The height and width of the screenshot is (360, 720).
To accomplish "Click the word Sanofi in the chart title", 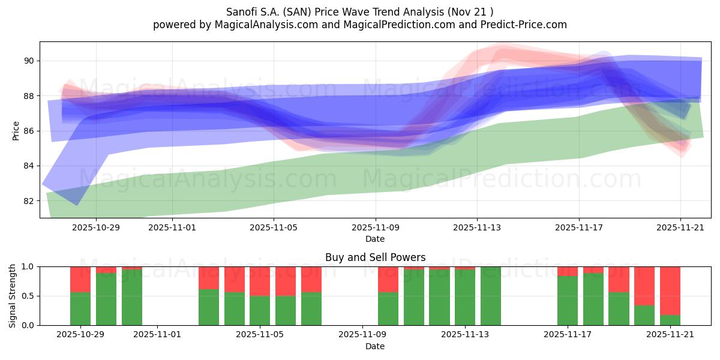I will pos(242,11).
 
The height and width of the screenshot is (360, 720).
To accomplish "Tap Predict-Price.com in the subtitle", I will pos(523,25).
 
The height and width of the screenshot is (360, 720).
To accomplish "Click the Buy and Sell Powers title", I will pos(375,257).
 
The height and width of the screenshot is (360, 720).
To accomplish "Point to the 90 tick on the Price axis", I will pos(29,61).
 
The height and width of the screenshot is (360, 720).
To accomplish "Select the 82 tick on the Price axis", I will pos(29,200).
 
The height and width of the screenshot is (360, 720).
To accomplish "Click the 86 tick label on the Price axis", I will pos(29,131).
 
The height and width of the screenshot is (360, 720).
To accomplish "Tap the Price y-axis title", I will pos(16,131).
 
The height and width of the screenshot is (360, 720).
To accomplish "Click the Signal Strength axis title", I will pos(13,296).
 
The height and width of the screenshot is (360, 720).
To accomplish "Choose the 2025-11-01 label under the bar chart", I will pos(157,335).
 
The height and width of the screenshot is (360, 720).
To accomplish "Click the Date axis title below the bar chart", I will pos(375,346).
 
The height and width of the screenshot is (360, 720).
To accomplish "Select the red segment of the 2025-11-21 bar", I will pos(670,290).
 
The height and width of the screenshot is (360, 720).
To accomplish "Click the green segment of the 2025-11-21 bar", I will pos(670,320).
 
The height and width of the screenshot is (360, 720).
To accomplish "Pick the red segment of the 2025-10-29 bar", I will pos(80,279).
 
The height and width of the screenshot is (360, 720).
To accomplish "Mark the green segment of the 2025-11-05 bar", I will pos(260,310).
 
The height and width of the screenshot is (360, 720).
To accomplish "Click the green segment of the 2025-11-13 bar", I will pos(465,297).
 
